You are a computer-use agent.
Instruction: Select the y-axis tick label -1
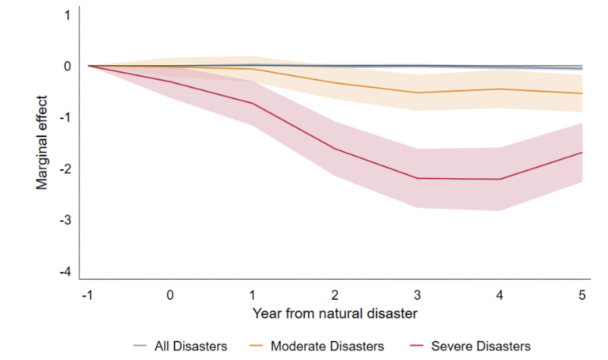pyautogui.click(x=64, y=118)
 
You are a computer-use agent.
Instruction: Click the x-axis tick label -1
pyautogui.click(x=87, y=294)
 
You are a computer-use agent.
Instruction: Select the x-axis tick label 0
pyautogui.click(x=170, y=294)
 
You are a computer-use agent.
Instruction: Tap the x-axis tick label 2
pyautogui.click(x=335, y=294)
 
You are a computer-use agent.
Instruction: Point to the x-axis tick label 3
pyautogui.click(x=417, y=294)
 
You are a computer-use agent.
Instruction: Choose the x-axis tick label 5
pyautogui.click(x=582, y=294)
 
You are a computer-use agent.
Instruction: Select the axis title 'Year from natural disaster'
pyautogui.click(x=335, y=313)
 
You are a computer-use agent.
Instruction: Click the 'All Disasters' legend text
pyautogui.click(x=191, y=346)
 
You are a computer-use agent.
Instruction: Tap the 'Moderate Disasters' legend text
pyautogui.click(x=327, y=346)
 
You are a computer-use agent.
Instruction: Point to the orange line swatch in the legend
pyautogui.click(x=257, y=346)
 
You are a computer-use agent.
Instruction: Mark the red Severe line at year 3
pyautogui.click(x=417, y=178)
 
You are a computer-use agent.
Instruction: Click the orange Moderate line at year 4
pyautogui.click(x=500, y=89)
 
